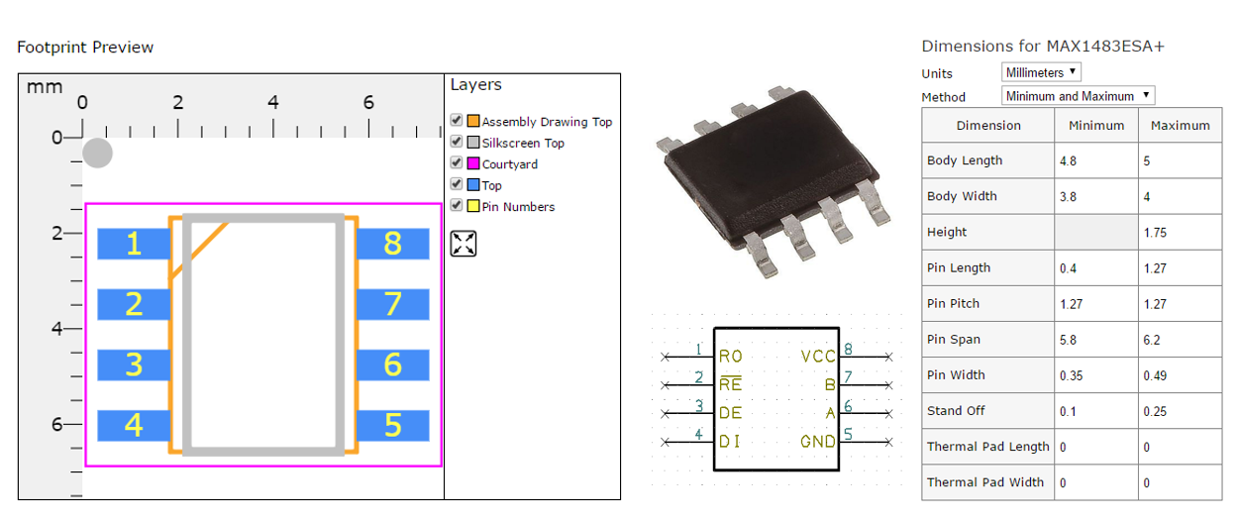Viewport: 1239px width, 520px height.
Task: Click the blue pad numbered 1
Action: coord(134,244)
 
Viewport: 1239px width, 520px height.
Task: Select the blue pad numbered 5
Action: coord(393,425)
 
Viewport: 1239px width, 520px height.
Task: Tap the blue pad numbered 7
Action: coord(393,304)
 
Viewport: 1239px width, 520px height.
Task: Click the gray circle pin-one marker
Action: coord(97,153)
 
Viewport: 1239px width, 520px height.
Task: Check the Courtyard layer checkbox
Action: coord(457,162)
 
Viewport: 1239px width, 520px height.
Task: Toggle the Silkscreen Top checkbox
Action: coord(457,142)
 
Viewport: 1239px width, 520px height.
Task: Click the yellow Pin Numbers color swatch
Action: coord(473,206)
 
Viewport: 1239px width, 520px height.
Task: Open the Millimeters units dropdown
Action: coord(1041,72)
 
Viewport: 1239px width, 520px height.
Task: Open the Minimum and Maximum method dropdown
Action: coord(1078,96)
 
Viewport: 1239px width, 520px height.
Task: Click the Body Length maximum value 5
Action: coord(1147,161)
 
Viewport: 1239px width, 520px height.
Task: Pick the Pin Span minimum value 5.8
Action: coord(1068,340)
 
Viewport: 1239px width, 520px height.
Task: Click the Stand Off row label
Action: coord(956,410)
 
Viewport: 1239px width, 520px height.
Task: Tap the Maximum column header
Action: coord(1181,126)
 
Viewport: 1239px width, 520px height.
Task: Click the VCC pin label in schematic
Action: coord(818,357)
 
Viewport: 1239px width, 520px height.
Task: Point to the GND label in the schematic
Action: coord(818,442)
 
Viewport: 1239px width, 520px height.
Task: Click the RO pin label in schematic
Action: coord(730,357)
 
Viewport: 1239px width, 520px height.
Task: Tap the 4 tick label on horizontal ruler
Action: coord(272,102)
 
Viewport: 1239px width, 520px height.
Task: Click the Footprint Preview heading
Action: coord(85,47)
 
